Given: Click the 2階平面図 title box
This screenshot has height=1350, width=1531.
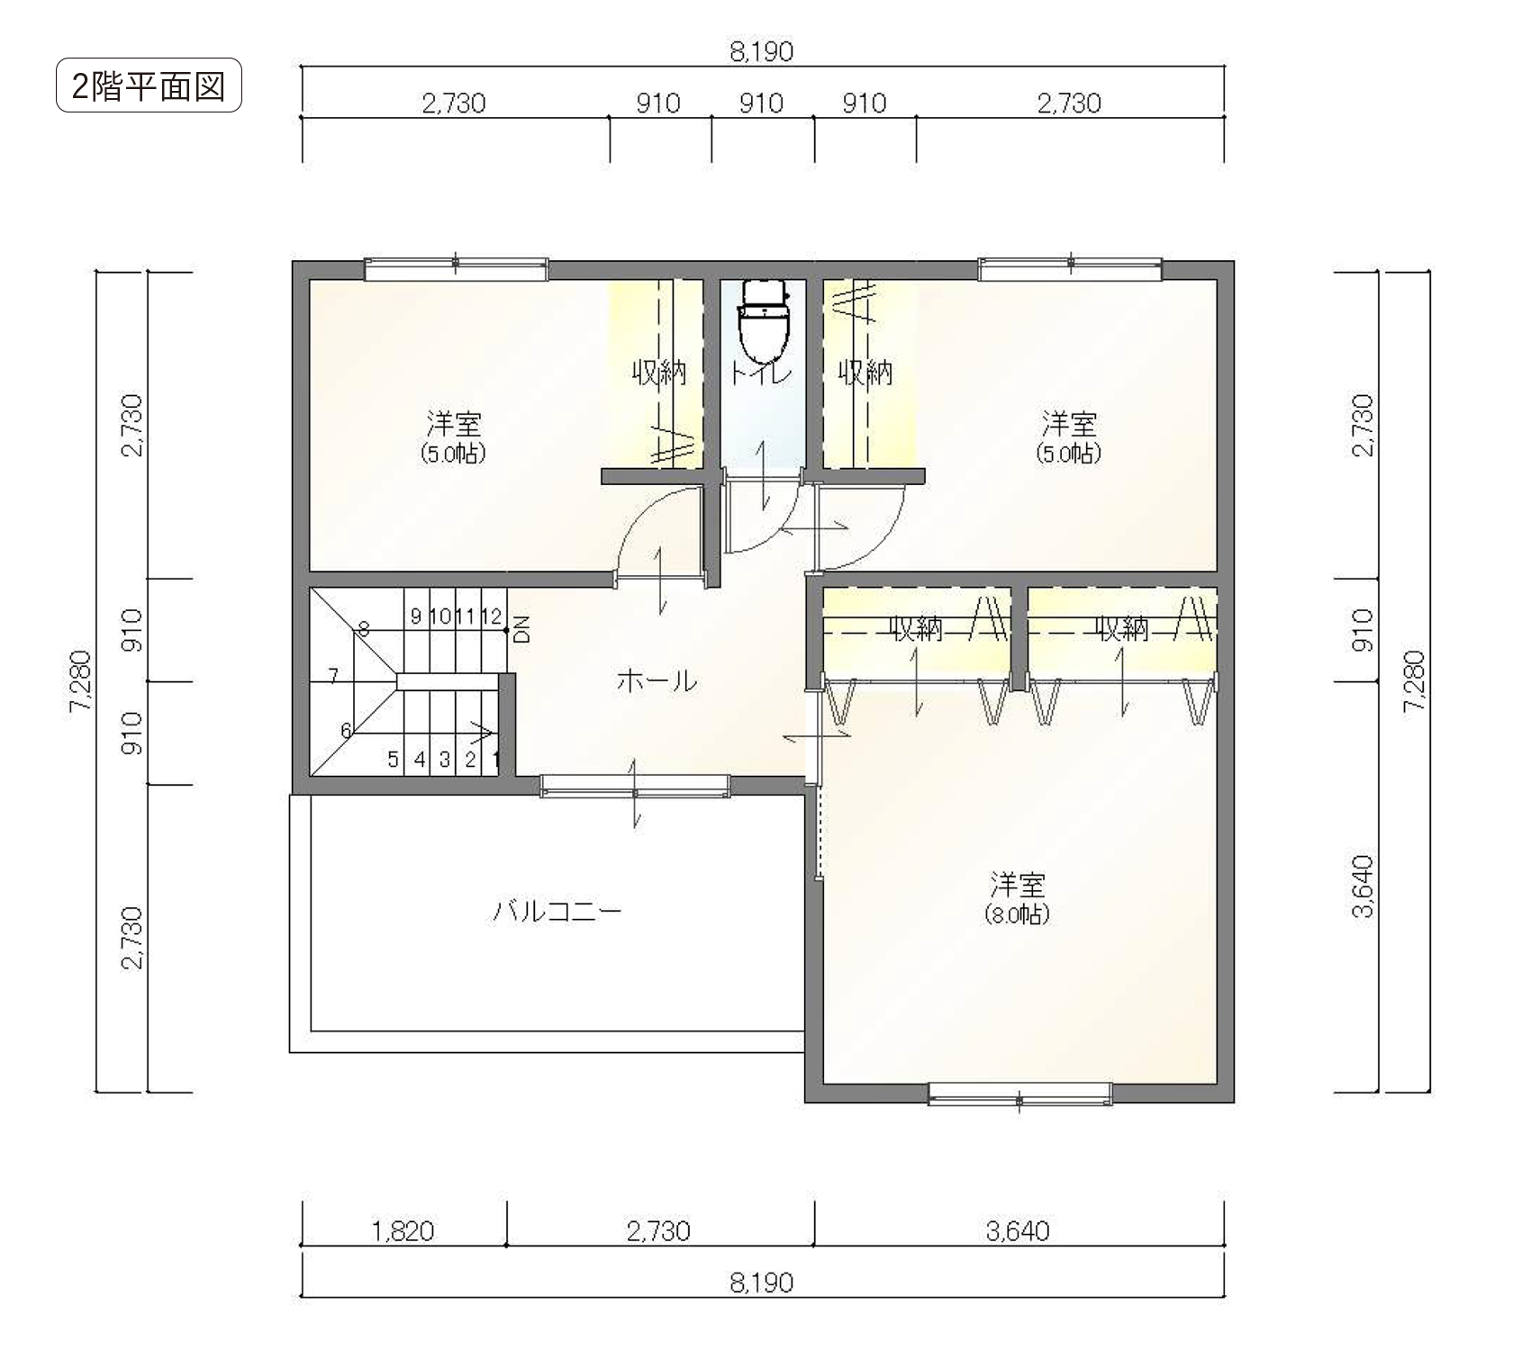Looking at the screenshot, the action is pos(149,85).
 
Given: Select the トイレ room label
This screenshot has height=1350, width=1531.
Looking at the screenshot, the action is pos(762,373).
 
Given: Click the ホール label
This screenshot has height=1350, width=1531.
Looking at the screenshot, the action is pos(657,681).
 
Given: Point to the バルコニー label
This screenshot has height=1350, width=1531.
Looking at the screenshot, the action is pos(557,912).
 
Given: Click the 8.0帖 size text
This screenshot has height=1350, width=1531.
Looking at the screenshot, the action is pos(1018,915).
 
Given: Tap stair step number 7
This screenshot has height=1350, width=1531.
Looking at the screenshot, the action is pos(333,675).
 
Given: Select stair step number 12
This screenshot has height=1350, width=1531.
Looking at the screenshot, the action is pos(491,616).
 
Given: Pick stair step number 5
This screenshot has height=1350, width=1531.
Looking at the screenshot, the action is pos(393,760).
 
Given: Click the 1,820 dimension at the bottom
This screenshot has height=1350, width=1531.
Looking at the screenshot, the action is pos(403,1230).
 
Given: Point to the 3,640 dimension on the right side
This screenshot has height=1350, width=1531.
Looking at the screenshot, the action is pos(1363,886).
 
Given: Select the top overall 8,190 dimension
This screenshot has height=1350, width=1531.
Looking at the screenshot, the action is pos(762,52).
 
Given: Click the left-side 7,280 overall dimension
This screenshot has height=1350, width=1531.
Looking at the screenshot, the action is pos(82,681).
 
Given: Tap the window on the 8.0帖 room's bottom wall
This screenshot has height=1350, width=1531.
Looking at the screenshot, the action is pos(1019,1093).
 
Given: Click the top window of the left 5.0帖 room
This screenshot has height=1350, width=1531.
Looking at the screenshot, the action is pos(457,268).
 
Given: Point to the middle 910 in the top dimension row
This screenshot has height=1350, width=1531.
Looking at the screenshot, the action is pos(762,103).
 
